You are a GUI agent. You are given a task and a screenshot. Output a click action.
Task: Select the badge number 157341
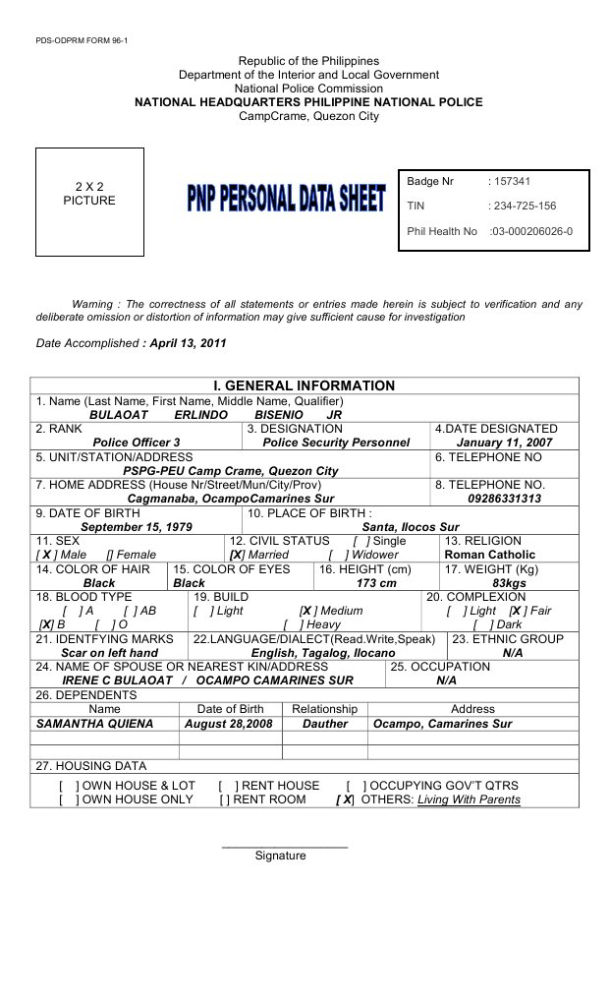pos(514,182)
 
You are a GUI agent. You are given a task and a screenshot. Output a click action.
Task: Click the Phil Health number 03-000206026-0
pos(531,232)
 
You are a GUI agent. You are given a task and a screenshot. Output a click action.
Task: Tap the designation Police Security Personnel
pos(336,443)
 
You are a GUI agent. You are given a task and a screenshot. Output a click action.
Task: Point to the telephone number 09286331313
pos(504,499)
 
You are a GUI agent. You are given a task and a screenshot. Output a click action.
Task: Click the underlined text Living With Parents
pos(469,799)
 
